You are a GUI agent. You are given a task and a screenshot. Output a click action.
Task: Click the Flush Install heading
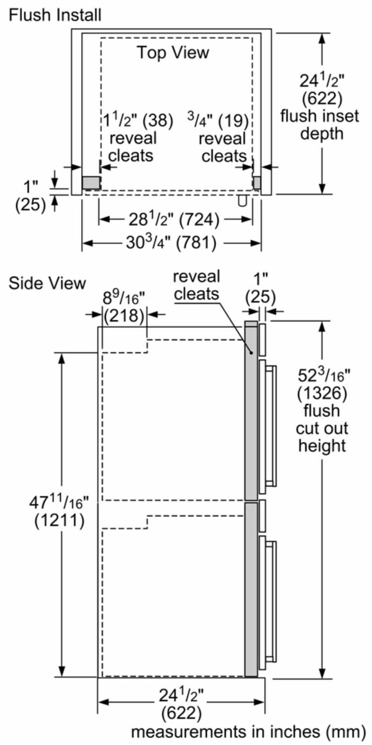(x=55, y=15)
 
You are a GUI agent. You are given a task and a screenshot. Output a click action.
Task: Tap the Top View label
(x=173, y=52)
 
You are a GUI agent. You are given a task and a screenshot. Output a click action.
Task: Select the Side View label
(x=48, y=283)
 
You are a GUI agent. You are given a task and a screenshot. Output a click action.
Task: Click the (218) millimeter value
(x=124, y=315)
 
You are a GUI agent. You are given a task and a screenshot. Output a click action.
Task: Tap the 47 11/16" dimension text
(x=59, y=503)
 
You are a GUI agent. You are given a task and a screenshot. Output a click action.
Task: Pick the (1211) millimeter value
(x=59, y=521)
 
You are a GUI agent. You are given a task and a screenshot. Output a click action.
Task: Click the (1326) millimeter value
(x=322, y=393)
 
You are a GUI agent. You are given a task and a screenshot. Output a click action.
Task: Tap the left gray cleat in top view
(x=91, y=182)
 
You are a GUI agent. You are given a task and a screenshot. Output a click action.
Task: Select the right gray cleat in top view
(x=256, y=182)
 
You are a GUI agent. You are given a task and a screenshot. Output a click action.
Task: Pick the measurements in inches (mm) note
(x=248, y=732)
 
